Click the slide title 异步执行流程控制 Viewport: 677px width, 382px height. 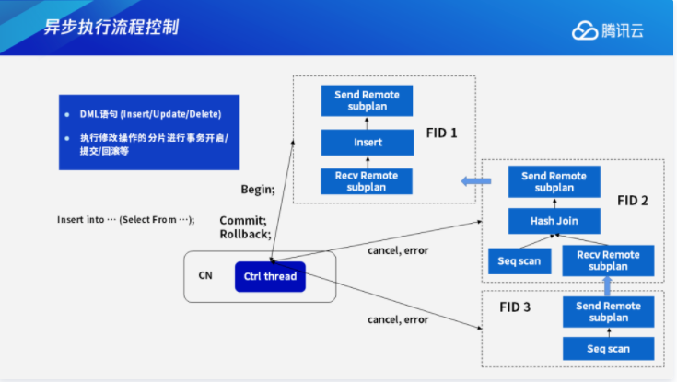(111, 26)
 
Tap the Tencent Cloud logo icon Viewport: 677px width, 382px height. (585, 30)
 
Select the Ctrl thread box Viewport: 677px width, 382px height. (269, 276)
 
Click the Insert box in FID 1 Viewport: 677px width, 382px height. (368, 142)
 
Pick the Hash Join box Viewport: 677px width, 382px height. (554, 221)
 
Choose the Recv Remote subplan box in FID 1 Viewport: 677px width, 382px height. (368, 180)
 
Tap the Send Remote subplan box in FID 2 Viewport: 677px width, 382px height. (554, 181)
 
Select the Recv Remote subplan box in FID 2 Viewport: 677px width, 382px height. (607, 260)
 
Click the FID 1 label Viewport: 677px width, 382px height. (441, 133)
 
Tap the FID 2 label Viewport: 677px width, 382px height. (633, 200)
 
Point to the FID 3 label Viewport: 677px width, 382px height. (515, 307)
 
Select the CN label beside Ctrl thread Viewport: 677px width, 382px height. (205, 276)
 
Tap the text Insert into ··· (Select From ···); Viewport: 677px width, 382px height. (126, 220)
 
